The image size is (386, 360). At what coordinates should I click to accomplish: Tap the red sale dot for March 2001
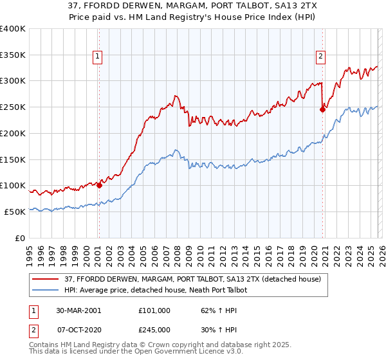pyautogui.click(x=99, y=186)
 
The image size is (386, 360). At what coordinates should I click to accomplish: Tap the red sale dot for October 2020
pyautogui.click(x=323, y=110)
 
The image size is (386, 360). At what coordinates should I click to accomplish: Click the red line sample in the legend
pyautogui.click(x=46, y=278)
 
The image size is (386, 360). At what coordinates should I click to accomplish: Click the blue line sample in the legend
pyautogui.click(x=46, y=290)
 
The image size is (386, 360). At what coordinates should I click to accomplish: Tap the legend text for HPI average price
pyautogui.click(x=156, y=290)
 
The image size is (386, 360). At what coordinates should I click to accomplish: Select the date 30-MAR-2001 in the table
pyautogui.click(x=78, y=310)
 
